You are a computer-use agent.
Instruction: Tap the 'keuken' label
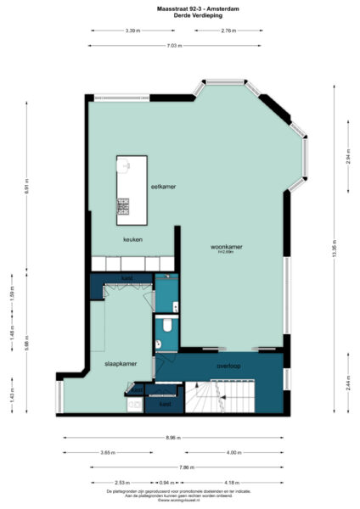pos(132,239)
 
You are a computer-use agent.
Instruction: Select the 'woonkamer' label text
pos(227,247)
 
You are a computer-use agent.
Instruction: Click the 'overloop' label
pos(230,366)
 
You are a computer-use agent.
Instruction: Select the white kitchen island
pos(127,185)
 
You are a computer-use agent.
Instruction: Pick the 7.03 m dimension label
pos(174,45)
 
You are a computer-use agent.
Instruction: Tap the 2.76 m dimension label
pos(228,31)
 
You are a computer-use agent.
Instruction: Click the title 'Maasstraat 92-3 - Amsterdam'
pos(180,7)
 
